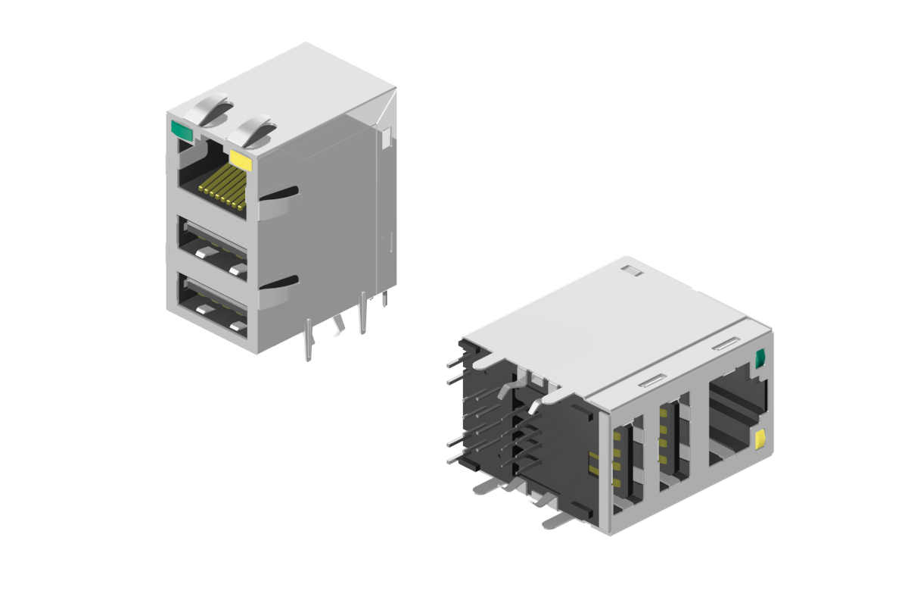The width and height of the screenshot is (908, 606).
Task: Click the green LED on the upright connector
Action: (182, 130)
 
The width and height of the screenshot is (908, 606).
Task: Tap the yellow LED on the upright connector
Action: (241, 159)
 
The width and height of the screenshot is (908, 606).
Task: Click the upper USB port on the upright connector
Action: (212, 245)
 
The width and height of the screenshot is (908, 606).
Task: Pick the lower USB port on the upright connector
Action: (212, 303)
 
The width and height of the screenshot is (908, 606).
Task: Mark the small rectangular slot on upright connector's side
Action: (386, 137)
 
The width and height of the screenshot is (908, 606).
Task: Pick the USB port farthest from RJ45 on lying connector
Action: (627, 466)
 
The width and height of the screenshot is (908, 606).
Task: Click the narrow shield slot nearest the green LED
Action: (724, 345)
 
